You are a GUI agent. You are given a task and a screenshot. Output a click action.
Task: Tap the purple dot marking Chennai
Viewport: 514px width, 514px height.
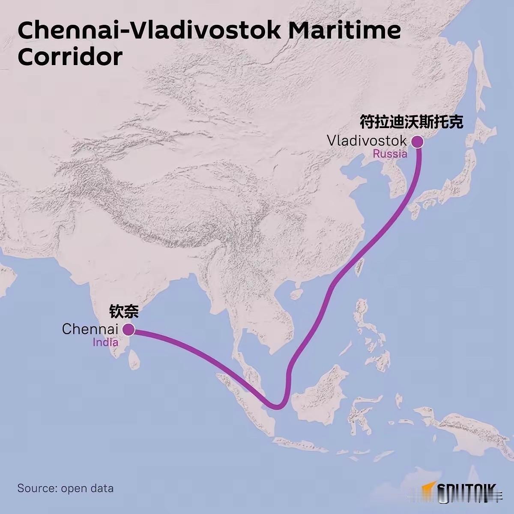(128, 329)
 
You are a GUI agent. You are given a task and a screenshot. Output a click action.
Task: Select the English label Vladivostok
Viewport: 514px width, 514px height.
(366, 140)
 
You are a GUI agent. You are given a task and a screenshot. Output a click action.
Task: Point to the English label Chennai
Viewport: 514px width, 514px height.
(90, 329)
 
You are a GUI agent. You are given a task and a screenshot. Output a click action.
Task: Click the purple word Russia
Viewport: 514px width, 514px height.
(390, 154)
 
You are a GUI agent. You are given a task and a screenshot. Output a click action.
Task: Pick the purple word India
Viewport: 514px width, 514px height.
(105, 342)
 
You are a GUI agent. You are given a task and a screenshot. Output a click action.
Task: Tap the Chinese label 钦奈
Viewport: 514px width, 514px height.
(124, 311)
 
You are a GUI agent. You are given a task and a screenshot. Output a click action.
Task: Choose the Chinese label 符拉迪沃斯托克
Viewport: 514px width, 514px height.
(411, 122)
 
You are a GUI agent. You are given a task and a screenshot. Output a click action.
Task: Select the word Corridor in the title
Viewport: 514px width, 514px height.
(70, 57)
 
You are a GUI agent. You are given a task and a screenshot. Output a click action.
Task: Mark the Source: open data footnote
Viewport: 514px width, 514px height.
(65, 488)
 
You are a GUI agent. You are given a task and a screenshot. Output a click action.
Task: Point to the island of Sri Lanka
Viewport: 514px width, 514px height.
(134, 359)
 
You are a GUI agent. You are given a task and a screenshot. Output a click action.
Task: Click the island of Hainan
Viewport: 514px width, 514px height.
(296, 294)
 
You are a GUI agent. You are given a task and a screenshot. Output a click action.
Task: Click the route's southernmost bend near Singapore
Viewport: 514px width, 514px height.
(276, 406)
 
